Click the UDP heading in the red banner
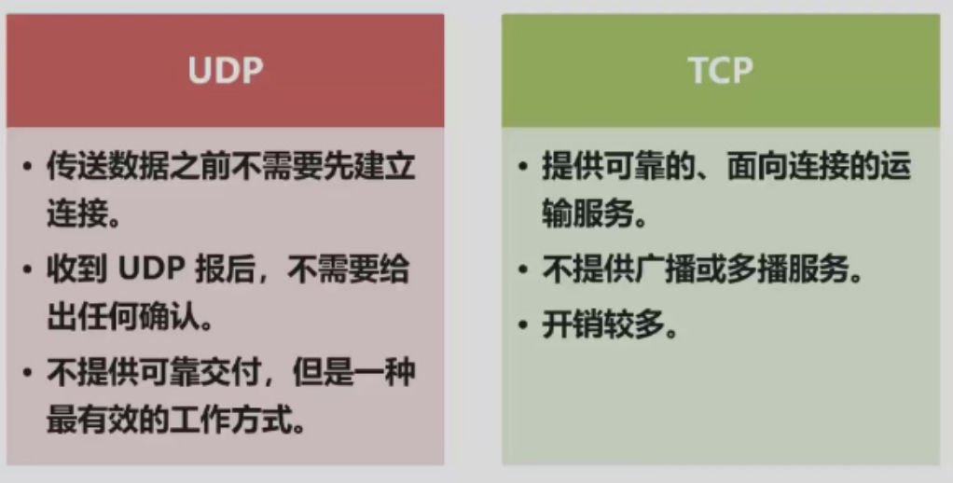pos(226,71)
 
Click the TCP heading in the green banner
pos(721,71)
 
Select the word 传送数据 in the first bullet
pos(107,168)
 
